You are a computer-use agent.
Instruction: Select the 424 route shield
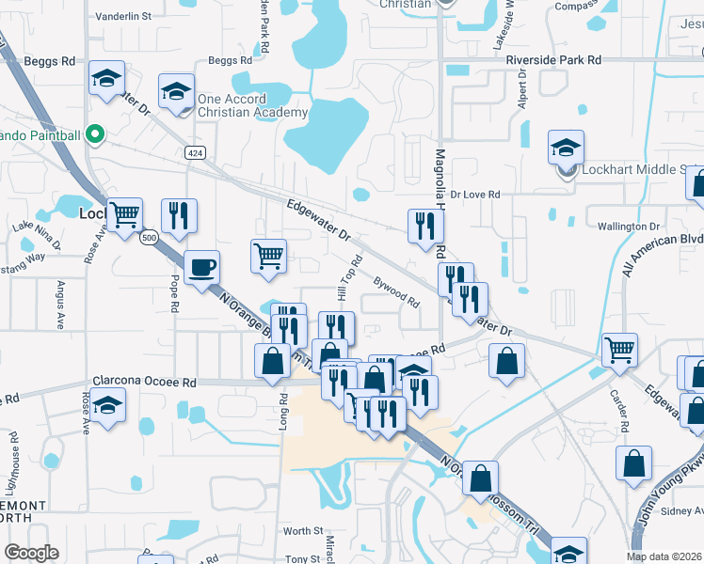(195, 153)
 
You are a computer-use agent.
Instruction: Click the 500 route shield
(149, 239)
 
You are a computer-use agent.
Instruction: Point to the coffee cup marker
(202, 268)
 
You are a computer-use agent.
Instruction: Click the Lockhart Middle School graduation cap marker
(566, 149)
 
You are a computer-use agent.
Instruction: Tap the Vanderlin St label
(123, 17)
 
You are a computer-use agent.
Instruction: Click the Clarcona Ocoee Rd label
(144, 383)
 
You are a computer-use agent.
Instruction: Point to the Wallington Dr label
(630, 227)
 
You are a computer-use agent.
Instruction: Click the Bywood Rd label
(396, 290)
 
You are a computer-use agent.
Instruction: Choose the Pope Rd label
(175, 292)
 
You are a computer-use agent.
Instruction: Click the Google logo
(31, 553)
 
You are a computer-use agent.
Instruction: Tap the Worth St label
(303, 531)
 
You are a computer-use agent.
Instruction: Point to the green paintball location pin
(94, 135)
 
